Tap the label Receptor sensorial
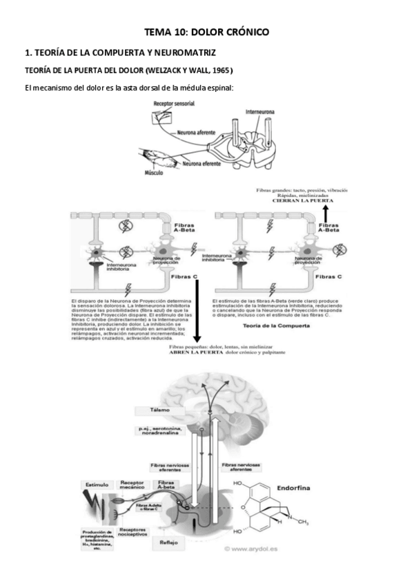[173, 104]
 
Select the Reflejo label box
[168, 542]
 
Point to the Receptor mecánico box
[131, 486]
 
